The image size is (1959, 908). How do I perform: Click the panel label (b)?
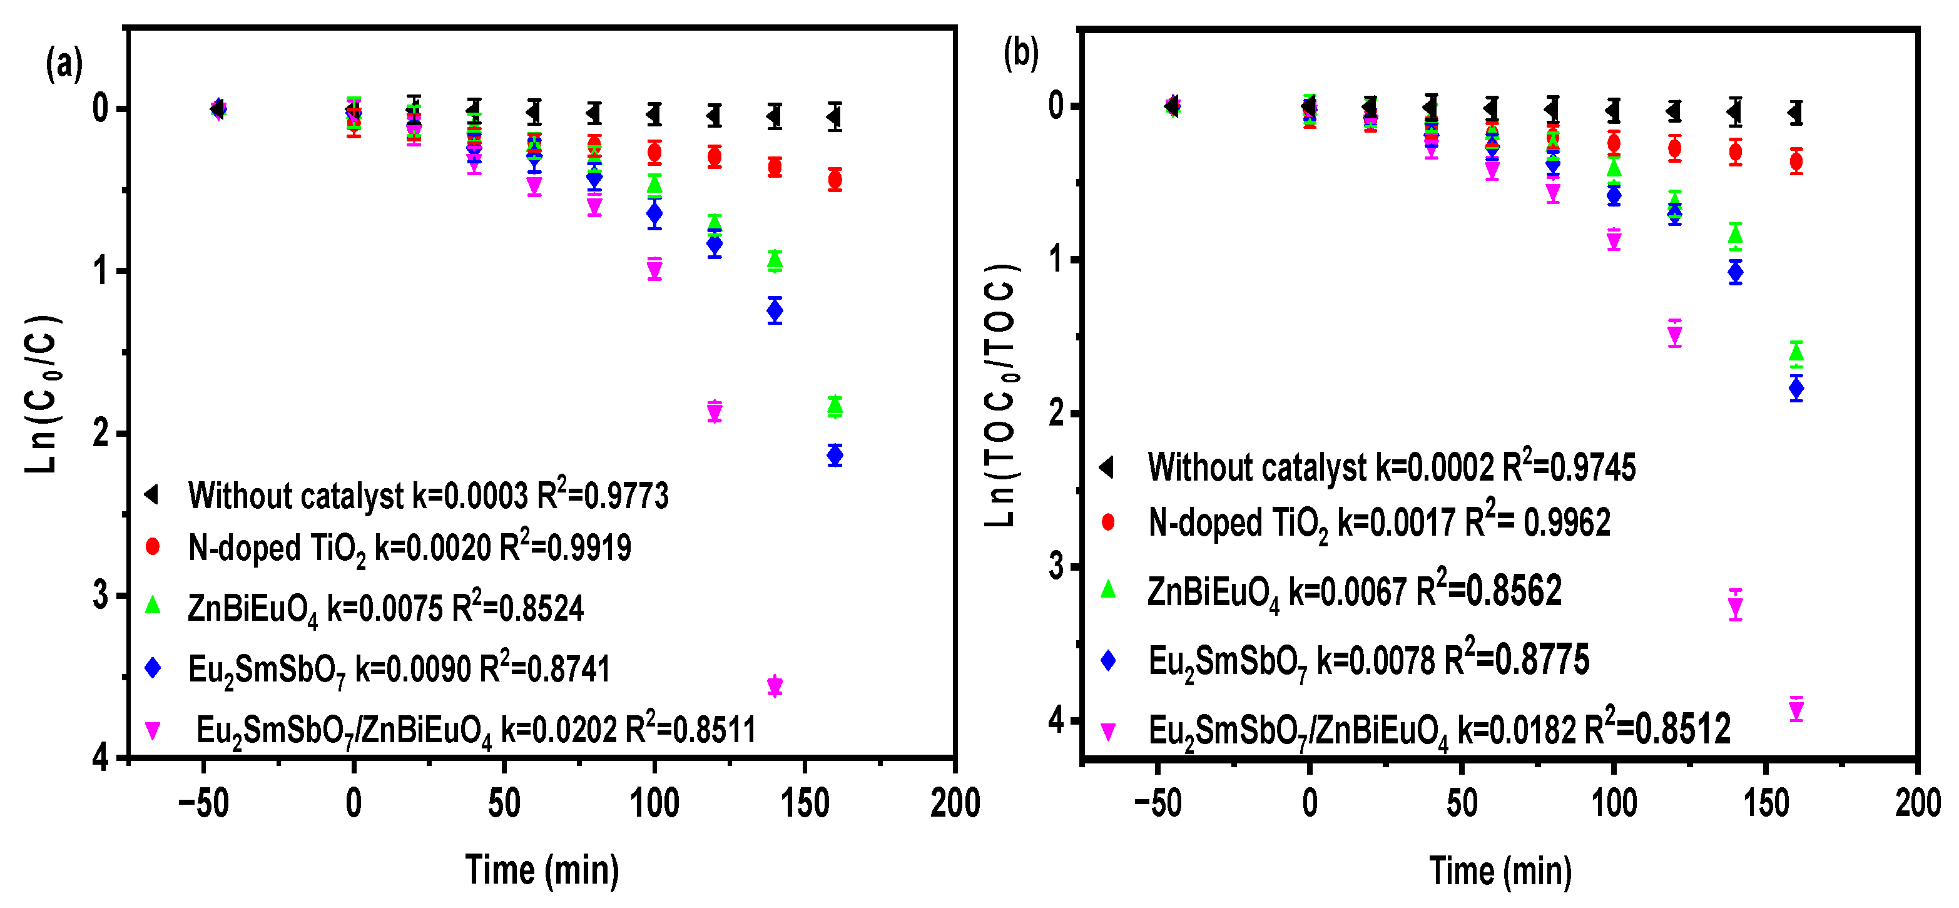point(1020,53)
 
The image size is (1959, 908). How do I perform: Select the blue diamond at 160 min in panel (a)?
point(835,456)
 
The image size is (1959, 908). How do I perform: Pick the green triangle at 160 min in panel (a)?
point(835,406)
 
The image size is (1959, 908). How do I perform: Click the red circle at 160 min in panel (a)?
point(835,180)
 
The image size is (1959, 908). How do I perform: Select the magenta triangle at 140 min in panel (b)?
point(1736,607)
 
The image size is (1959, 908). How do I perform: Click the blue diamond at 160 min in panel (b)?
point(1796,389)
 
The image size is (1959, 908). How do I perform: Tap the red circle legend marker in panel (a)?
point(153,547)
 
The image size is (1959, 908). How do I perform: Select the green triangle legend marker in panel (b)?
point(1108,589)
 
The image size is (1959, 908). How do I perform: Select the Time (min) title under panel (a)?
point(542,870)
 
